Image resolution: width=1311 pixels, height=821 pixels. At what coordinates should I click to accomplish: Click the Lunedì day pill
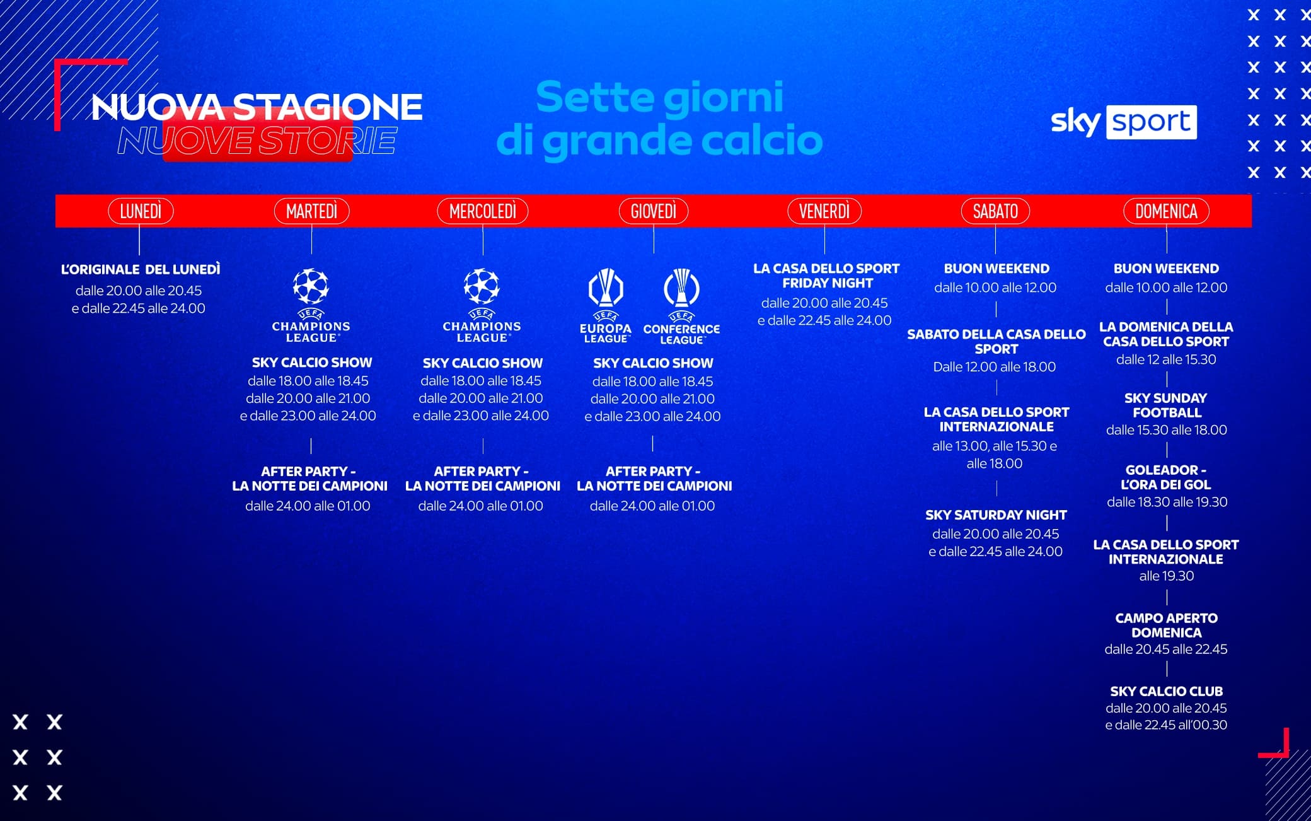tap(141, 211)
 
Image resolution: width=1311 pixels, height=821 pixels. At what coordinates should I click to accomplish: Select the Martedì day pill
tap(311, 211)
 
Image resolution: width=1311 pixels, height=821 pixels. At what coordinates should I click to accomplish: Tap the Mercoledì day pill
tap(483, 211)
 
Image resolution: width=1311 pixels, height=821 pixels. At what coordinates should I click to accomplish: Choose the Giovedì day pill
tap(654, 211)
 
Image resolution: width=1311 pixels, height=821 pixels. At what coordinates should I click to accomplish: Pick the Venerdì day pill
tap(824, 211)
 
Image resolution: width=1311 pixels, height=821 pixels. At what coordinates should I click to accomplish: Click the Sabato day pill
tap(995, 211)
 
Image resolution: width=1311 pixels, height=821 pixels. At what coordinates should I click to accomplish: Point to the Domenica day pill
tap(1166, 211)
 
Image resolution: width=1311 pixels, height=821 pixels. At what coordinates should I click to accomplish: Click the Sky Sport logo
tap(1124, 122)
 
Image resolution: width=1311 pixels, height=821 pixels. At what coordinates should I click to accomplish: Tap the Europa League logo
tap(606, 306)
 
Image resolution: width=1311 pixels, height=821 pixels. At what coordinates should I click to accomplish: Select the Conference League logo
tap(681, 306)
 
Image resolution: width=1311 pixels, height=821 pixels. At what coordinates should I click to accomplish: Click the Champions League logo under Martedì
tap(311, 306)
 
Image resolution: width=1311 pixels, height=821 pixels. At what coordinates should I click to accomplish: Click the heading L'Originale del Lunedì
tap(141, 269)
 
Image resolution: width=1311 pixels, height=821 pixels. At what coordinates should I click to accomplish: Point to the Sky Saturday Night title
tap(996, 515)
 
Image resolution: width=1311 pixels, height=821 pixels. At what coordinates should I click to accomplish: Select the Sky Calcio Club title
tap(1166, 691)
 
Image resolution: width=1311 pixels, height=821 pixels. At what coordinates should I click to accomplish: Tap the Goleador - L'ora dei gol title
tap(1166, 477)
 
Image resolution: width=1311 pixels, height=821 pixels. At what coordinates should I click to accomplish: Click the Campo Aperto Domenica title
tap(1166, 625)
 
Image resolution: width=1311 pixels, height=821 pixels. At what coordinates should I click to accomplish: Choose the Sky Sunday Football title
tap(1166, 405)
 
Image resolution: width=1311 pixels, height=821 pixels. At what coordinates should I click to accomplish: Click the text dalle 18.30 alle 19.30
tap(1167, 502)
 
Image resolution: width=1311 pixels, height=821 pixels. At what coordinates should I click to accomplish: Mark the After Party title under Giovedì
tap(654, 479)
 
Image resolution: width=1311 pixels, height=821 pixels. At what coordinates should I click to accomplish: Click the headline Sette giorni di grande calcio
tap(659, 119)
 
